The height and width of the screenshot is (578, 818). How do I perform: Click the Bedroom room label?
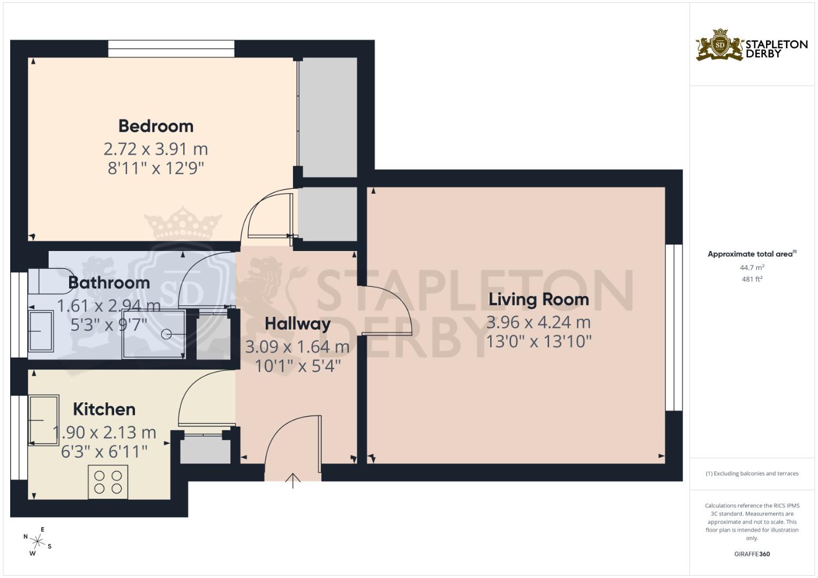tap(156, 126)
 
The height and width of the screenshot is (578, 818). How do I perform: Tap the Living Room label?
tap(539, 300)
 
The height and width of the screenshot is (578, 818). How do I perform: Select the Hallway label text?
tap(298, 324)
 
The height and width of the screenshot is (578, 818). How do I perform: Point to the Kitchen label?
tap(104, 409)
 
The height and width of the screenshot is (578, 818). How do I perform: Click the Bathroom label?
tap(109, 283)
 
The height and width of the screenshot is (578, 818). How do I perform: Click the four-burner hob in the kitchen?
tap(108, 482)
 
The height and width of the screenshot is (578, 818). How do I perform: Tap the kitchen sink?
tap(44, 420)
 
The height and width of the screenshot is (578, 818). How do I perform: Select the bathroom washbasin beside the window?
tap(41, 331)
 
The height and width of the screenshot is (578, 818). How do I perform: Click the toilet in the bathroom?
tap(51, 281)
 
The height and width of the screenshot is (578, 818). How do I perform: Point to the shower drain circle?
tap(166, 334)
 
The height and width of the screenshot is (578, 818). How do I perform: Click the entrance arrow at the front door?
tap(293, 481)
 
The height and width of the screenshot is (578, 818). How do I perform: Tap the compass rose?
tap(37, 542)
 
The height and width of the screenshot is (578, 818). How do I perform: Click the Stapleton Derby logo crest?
tap(720, 45)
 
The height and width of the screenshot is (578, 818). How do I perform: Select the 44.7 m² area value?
tap(752, 268)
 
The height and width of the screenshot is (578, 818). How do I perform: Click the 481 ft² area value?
tap(752, 279)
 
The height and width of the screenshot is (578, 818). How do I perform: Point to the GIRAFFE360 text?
tap(752, 554)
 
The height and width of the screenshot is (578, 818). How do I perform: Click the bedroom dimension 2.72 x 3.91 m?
tap(156, 149)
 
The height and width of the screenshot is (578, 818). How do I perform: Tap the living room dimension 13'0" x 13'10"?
tap(539, 342)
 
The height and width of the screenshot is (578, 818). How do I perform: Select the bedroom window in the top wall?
tap(171, 49)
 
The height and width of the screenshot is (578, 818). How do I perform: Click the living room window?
tap(674, 328)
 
